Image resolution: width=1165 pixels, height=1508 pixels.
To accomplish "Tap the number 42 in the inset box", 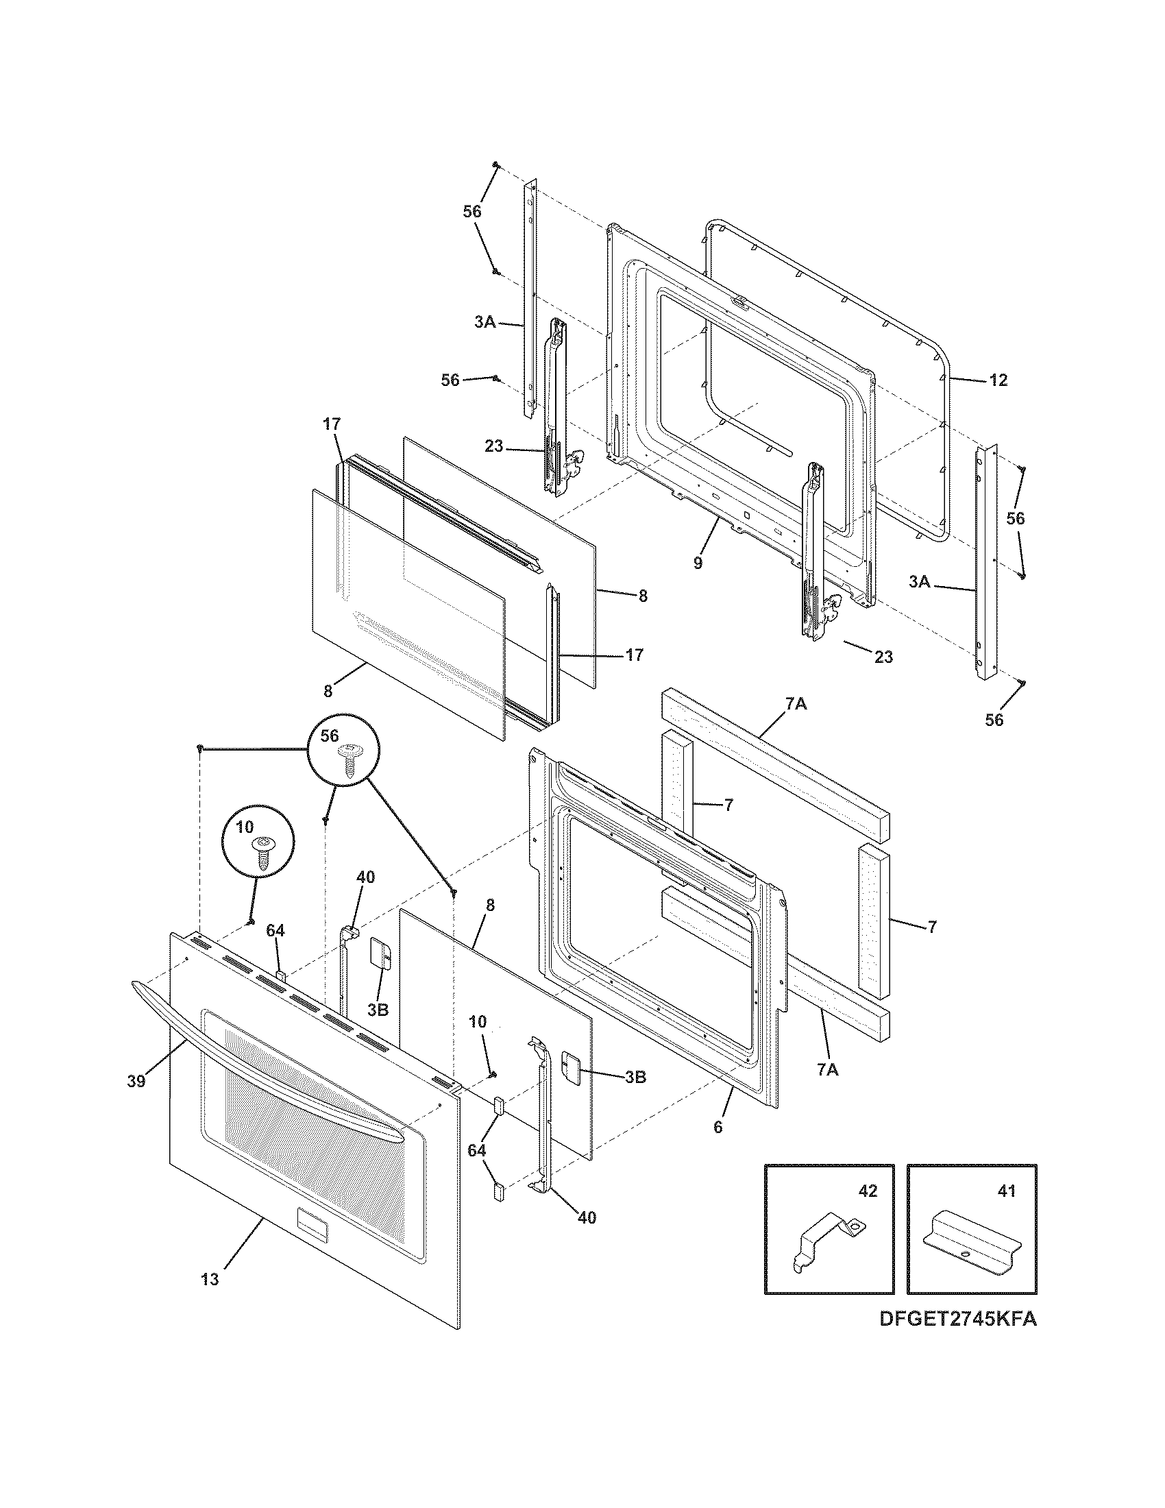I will [868, 1191].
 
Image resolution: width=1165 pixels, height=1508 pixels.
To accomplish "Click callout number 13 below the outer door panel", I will [210, 1280].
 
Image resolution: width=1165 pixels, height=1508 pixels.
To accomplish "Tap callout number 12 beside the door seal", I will [998, 380].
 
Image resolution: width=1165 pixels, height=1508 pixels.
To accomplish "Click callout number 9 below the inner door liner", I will [698, 563].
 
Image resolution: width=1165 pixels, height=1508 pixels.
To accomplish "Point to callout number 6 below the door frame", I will [718, 1128].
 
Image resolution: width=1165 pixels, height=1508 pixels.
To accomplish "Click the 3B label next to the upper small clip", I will [378, 1010].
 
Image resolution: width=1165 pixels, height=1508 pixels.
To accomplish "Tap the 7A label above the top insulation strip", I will [796, 703].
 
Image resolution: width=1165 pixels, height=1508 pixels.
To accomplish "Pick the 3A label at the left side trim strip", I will [485, 321].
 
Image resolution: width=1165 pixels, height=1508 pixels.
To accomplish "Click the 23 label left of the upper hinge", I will [493, 446].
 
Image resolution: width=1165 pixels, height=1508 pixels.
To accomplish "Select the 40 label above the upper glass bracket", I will [365, 876].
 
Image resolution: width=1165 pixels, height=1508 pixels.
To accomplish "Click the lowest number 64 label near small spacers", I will [476, 1150].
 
